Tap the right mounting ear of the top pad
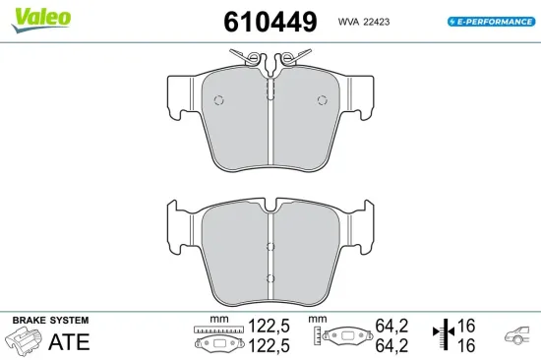coord(367,96)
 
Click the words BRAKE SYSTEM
coord(50,321)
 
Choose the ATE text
coord(69,341)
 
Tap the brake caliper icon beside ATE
coord(26,342)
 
